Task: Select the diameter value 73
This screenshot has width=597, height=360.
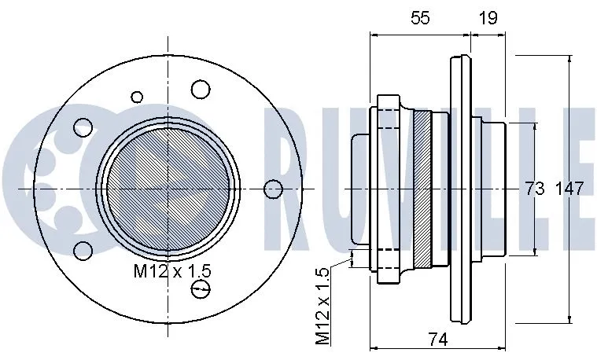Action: tap(535, 189)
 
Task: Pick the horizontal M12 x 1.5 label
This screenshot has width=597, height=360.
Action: tap(172, 272)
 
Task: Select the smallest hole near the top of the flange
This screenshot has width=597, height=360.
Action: tap(137, 97)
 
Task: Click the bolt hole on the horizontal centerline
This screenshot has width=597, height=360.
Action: tap(273, 189)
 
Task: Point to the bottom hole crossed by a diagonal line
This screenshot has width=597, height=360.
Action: tap(201, 290)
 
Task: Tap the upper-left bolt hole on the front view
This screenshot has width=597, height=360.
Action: tap(80, 127)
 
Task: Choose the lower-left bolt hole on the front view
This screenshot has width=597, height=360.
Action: tap(80, 251)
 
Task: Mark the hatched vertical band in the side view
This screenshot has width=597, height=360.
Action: tap(424, 189)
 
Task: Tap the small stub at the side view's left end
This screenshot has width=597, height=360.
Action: tap(360, 189)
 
